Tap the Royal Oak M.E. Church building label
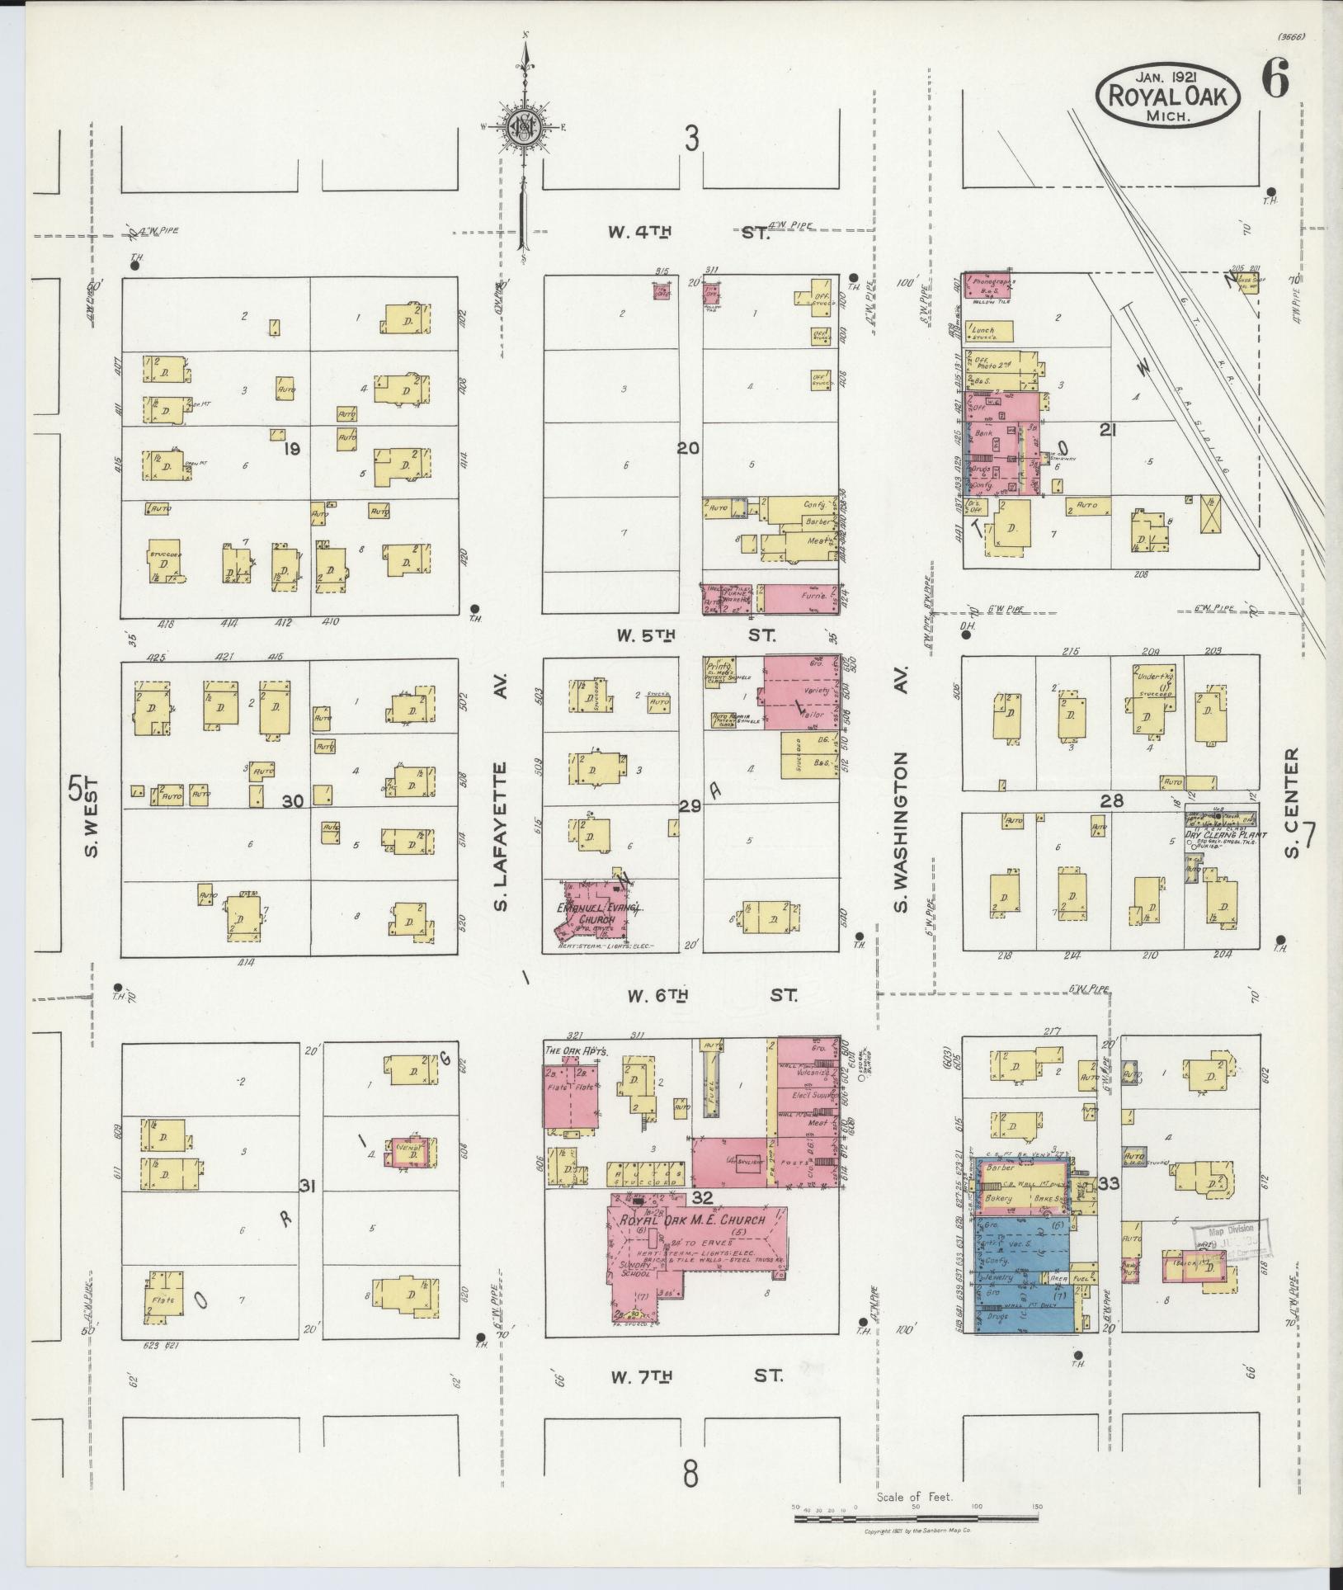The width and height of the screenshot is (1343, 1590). coord(693,1220)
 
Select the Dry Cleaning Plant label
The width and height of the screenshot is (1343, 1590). coord(1220,833)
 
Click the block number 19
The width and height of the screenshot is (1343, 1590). coord(290,449)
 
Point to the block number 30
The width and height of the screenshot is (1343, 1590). coord(292,800)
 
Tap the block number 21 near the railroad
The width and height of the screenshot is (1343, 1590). coord(1108,428)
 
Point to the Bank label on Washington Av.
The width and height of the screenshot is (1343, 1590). coord(984,432)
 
